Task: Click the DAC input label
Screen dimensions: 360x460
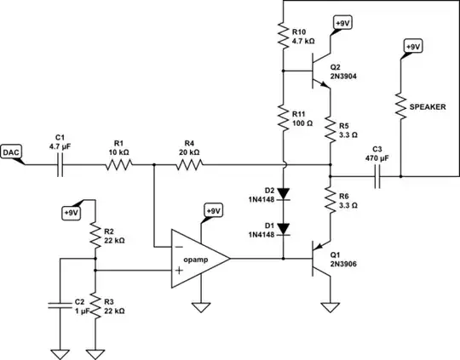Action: click(12, 151)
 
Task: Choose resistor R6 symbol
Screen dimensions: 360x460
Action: click(330, 202)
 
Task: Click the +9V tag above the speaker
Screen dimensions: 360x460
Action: click(411, 46)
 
